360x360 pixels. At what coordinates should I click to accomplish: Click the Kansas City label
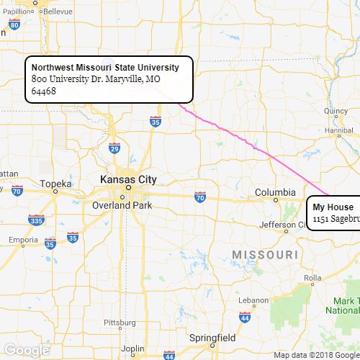tap(128, 179)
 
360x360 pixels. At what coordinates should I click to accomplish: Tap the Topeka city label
tap(57, 184)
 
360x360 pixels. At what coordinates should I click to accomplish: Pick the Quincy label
tap(336, 111)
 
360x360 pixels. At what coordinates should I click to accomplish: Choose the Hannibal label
tap(341, 130)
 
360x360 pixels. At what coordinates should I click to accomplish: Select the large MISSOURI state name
tap(265, 256)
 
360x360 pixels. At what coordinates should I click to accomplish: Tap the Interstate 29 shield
tap(114, 148)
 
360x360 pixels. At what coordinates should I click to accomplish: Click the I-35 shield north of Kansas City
tap(156, 122)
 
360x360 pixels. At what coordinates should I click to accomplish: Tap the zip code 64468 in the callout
tap(44, 91)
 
